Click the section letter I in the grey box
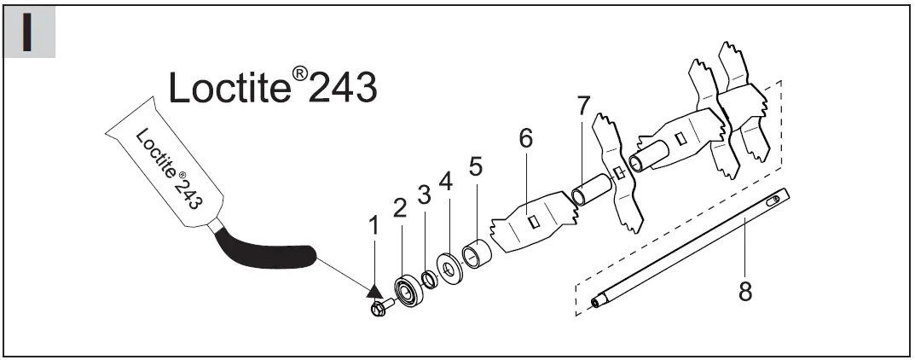(29, 32)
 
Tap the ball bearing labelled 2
(408, 289)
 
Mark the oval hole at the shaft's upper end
(774, 201)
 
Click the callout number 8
(744, 292)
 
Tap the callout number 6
(525, 139)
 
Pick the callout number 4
(444, 182)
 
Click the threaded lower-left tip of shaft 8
(595, 300)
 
